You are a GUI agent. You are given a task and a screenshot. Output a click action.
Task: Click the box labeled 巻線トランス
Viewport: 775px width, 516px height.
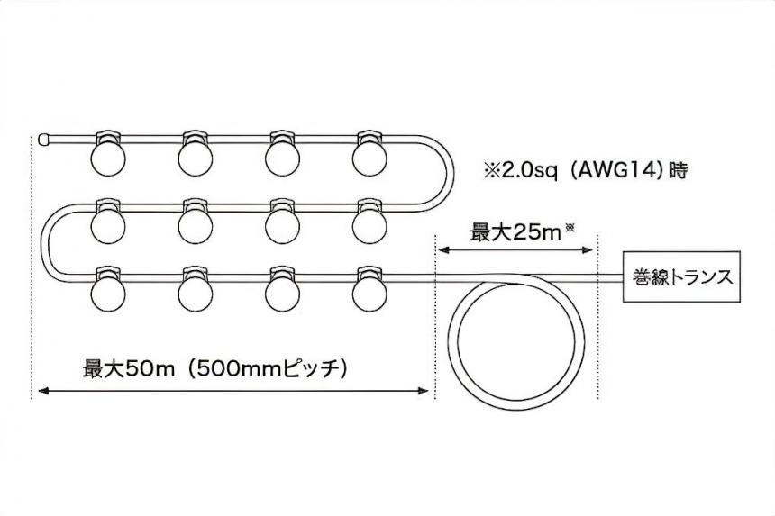click(681, 276)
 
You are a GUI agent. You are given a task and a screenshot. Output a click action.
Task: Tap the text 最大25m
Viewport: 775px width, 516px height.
click(515, 232)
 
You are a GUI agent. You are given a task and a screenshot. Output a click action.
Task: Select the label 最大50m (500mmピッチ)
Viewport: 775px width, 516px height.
click(214, 368)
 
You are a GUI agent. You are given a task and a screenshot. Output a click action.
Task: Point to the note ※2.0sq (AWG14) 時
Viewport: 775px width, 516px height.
click(585, 171)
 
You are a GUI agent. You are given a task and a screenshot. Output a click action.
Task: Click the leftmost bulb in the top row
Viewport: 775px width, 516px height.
click(108, 154)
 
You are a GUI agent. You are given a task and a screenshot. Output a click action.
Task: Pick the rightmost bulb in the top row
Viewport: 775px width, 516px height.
click(369, 154)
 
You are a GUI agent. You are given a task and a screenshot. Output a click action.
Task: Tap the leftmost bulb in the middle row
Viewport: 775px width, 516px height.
click(108, 222)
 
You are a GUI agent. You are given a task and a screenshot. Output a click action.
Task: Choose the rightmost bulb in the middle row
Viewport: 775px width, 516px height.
click(369, 222)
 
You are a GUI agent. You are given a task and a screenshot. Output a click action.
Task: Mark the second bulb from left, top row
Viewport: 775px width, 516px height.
click(196, 154)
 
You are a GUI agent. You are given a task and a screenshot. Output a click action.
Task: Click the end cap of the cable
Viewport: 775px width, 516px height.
click(44, 140)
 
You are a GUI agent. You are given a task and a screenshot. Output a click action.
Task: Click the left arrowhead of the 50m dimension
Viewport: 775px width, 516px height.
click(42, 391)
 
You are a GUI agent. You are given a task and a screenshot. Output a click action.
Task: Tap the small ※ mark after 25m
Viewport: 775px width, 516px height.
click(570, 228)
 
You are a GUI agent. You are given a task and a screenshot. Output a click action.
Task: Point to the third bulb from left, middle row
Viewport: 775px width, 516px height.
click(282, 222)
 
